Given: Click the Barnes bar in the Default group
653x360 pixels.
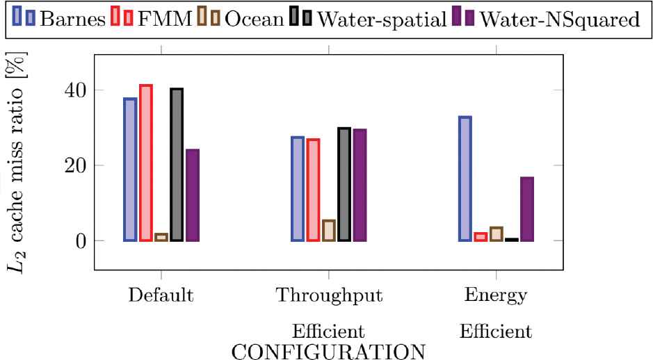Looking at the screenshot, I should coord(130,170).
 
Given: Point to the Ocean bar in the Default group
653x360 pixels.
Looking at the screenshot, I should coord(161,237).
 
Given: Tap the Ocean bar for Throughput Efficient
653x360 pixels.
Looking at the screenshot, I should coord(329,230).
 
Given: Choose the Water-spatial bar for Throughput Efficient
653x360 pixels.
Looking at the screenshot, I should coord(344,184).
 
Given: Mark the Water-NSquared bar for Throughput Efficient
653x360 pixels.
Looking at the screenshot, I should coord(360,185).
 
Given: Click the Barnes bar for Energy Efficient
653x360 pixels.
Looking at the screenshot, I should coord(465,179).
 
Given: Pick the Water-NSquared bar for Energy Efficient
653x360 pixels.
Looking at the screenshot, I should coord(527,209).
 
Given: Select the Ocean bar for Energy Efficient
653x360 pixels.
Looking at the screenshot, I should coord(496,234).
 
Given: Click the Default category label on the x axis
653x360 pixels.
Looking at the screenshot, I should coord(161,295).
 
